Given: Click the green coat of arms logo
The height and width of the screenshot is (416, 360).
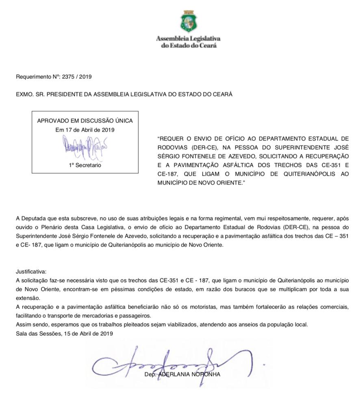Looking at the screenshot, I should coord(188,22).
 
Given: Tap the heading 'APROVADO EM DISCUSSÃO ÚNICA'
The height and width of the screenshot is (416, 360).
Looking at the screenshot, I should coord(85,121).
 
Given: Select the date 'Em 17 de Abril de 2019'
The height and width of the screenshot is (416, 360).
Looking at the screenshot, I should coord(85,130).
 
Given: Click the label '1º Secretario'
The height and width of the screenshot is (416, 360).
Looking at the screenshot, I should coord(85,165).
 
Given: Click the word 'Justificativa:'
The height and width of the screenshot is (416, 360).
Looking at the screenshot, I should coord(31,271).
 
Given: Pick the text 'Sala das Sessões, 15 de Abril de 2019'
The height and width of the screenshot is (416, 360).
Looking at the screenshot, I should coord(64,334).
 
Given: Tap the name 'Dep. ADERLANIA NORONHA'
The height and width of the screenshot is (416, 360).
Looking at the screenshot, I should coord(182,375).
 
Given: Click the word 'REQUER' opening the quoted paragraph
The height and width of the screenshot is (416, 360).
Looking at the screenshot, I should coord(172,139).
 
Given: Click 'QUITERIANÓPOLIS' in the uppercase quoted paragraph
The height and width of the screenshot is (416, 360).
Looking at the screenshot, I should coord(309,174).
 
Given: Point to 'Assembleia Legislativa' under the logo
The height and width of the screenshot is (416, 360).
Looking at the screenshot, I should coord(188,39).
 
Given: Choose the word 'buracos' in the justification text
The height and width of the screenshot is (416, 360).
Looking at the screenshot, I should coord(233,289).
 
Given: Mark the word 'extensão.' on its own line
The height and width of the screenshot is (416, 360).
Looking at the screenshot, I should coord(28,298).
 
